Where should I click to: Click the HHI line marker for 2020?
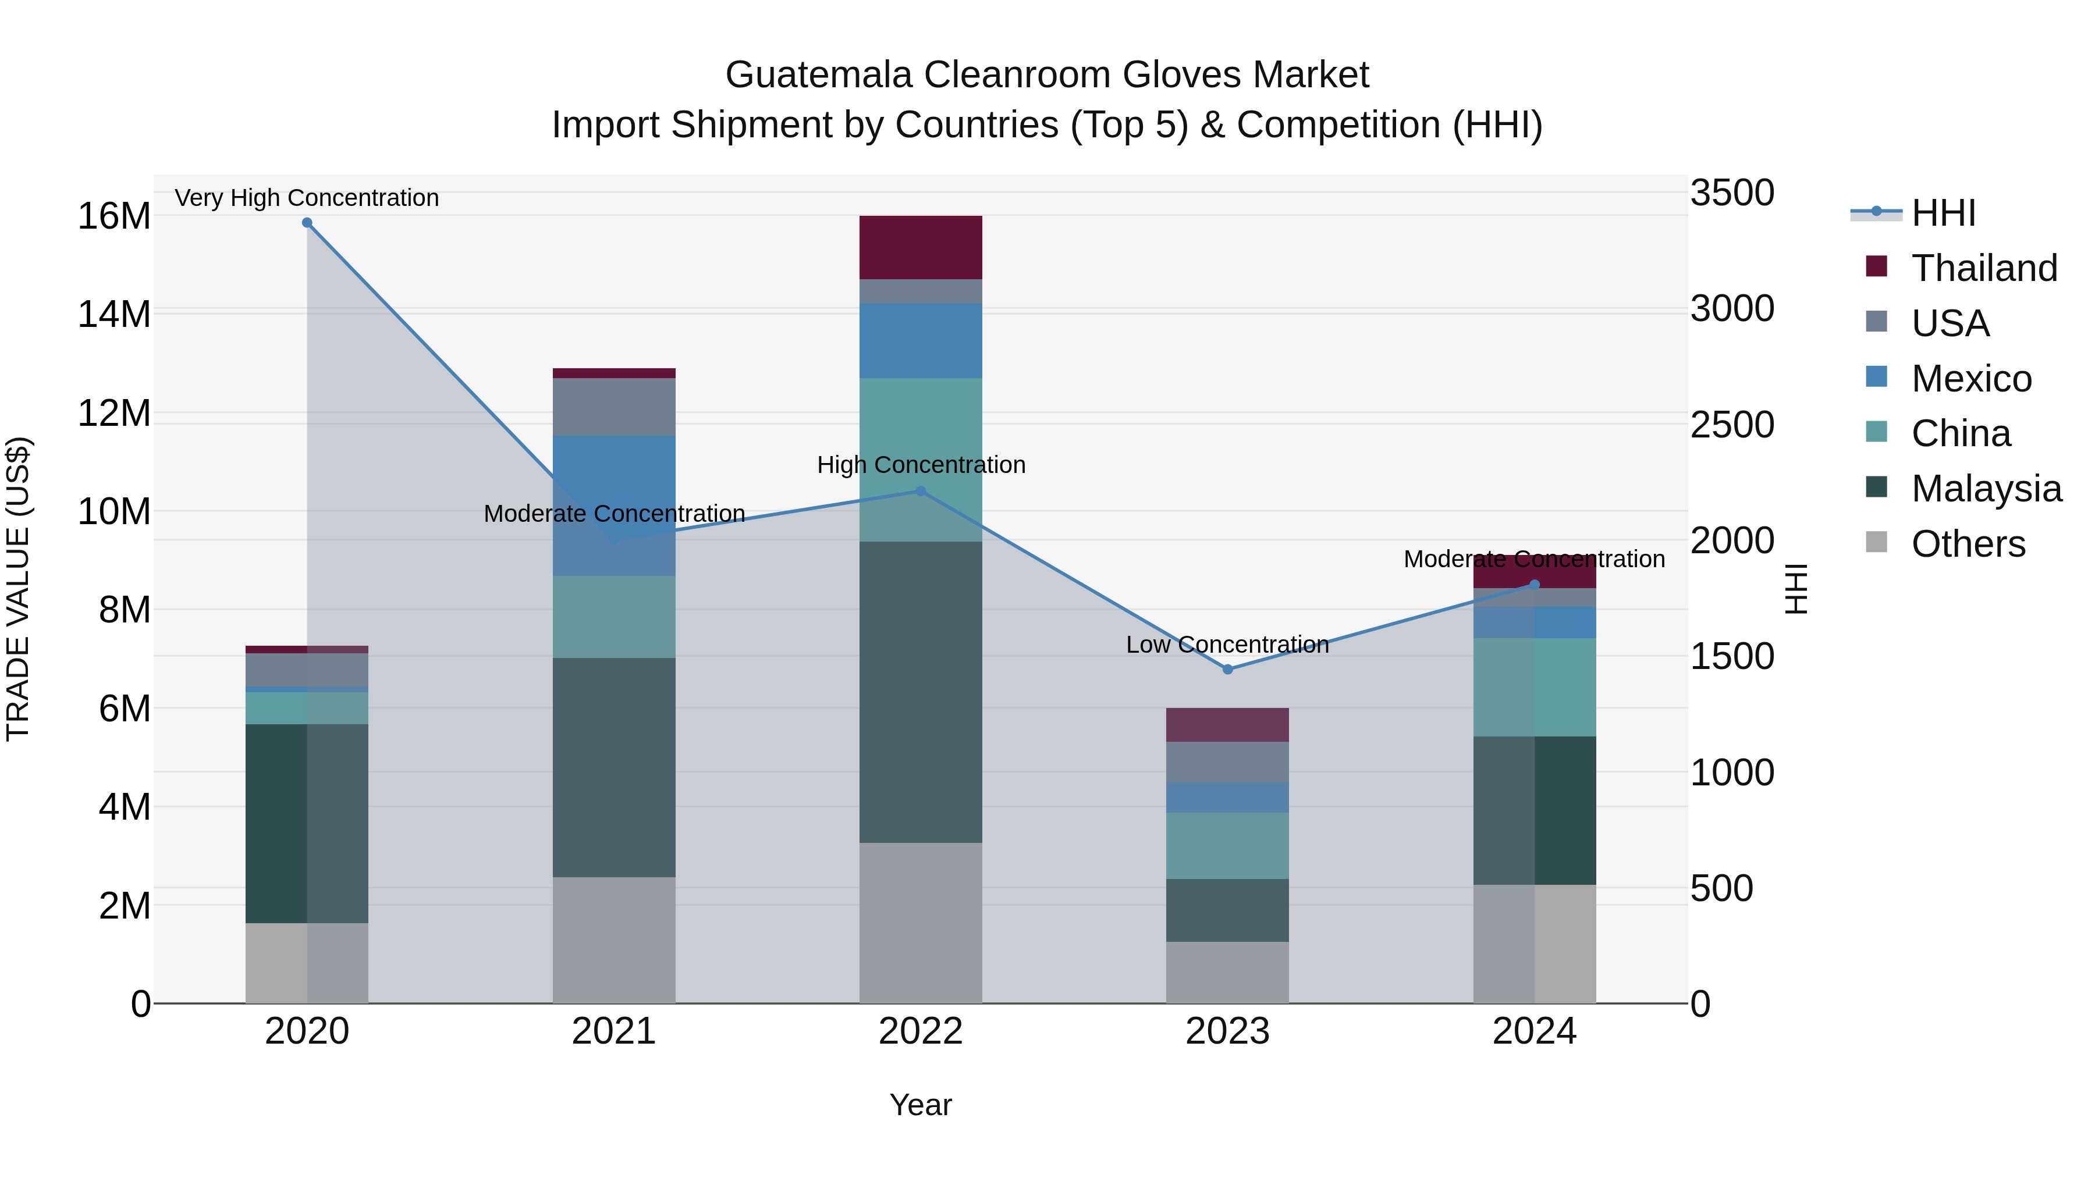pos(307,223)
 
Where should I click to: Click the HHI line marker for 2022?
pos(921,491)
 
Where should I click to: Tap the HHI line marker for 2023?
pos(1227,669)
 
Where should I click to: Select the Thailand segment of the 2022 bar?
pos(921,247)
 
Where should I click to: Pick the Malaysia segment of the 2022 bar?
pos(921,691)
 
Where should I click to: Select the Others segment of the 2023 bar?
pos(1227,972)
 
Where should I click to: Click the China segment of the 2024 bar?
pos(1535,687)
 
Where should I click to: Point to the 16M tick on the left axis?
pos(114,216)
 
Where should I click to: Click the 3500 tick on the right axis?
pos(1732,194)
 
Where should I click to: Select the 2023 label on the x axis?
pos(1227,1031)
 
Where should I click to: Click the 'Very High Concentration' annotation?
pos(307,198)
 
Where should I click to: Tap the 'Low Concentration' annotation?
pos(1227,645)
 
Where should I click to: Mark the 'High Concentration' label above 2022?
pos(921,465)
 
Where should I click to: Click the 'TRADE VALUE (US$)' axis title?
pos(18,589)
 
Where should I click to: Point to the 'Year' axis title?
pos(921,1105)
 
